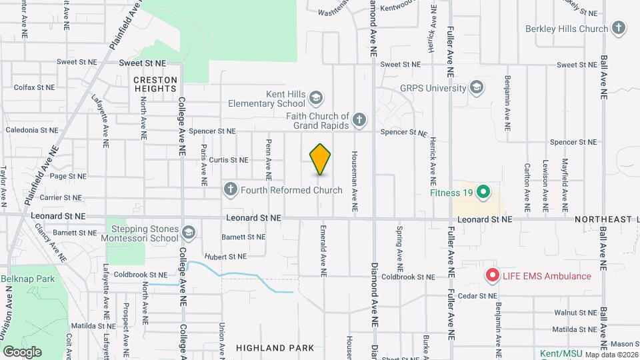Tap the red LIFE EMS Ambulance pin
pos(493,275)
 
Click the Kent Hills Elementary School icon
pos(315,99)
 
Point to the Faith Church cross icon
pos(359,120)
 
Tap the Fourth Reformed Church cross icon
pos(230,190)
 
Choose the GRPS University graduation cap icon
pos(477,87)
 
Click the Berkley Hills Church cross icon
pos(619,29)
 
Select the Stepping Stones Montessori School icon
pos(188,233)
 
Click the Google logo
pos(23,351)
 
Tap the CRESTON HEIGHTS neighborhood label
pos(155,85)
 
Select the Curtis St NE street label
pos(228,160)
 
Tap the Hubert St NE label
pos(225,256)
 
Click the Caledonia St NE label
pos(31,131)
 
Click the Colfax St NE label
pos(34,87)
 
